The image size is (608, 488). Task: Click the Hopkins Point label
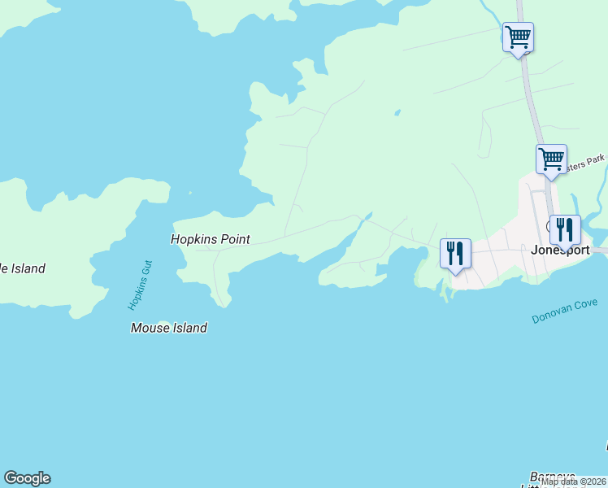(x=210, y=239)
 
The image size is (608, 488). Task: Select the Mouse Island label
(x=169, y=328)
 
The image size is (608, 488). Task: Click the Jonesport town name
(x=558, y=251)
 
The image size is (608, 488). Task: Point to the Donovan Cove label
(x=565, y=311)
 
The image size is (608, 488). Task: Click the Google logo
(x=27, y=478)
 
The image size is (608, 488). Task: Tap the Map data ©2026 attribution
(x=574, y=481)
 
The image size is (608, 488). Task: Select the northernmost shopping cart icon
(x=518, y=37)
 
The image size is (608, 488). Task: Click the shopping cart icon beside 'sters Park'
(x=551, y=158)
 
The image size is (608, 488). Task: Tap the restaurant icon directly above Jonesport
(x=564, y=229)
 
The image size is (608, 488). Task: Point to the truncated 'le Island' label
(x=22, y=268)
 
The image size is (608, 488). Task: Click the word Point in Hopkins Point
(x=233, y=239)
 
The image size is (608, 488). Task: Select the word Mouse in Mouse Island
(x=149, y=328)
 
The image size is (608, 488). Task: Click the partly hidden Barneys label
(x=553, y=476)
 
